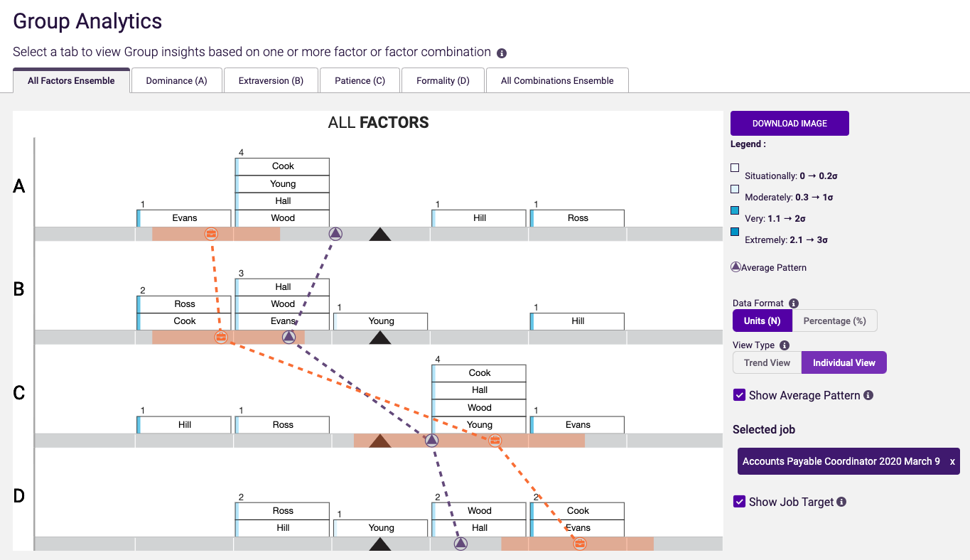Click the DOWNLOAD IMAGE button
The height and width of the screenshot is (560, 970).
[x=790, y=124]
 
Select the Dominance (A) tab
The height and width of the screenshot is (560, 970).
[x=176, y=81]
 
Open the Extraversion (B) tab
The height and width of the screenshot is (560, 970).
[x=271, y=81]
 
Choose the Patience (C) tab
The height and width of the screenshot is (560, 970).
[x=360, y=81]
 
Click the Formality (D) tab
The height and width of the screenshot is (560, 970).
[x=443, y=81]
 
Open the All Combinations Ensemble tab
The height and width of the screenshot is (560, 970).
[x=557, y=81]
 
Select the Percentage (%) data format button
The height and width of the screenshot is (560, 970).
[x=834, y=321]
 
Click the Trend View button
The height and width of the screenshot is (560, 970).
[x=767, y=363]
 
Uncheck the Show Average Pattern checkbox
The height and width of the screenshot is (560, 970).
[x=739, y=395]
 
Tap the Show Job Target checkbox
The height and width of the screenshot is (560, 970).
[x=739, y=502]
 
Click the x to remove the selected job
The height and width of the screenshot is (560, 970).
[x=952, y=462]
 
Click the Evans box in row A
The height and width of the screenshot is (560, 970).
[x=184, y=218]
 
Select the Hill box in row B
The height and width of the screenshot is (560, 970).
[x=578, y=321]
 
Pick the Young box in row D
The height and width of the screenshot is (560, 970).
[x=381, y=528]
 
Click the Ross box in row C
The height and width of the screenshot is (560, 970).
[x=283, y=425]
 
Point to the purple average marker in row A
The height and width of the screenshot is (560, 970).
[x=335, y=233]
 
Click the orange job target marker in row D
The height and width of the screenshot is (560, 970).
[x=580, y=544]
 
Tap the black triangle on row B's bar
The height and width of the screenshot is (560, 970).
[x=380, y=338]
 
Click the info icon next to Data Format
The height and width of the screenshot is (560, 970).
[x=794, y=303]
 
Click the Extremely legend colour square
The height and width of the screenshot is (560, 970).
[x=735, y=232]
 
